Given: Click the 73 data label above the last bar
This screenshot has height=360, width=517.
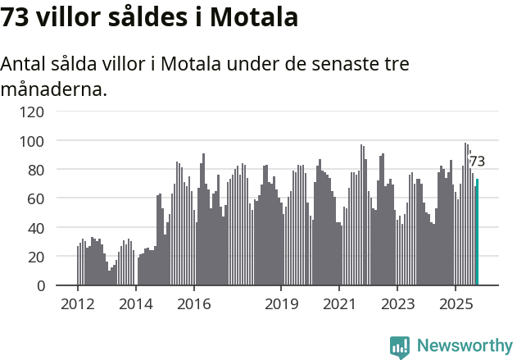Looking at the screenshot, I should (x=477, y=162).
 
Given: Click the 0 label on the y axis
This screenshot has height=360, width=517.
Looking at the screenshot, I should (x=39, y=285).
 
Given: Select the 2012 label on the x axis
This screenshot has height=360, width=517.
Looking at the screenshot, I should (x=78, y=304).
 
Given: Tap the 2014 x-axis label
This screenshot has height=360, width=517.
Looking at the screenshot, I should (x=136, y=304).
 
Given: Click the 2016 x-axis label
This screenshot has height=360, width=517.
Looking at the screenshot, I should (x=193, y=304).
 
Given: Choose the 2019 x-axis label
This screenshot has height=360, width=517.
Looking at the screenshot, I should (x=281, y=304).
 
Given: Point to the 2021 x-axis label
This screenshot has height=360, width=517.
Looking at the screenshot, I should (x=339, y=304).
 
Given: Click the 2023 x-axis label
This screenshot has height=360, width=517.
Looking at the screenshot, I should (x=397, y=304).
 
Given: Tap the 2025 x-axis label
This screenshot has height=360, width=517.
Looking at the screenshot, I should (x=455, y=304).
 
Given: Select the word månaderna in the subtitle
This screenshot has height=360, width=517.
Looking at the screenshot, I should (x=54, y=89).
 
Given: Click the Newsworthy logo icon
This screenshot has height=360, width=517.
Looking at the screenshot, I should (x=400, y=347).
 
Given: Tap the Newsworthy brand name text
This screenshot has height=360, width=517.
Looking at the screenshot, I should (x=464, y=346).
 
